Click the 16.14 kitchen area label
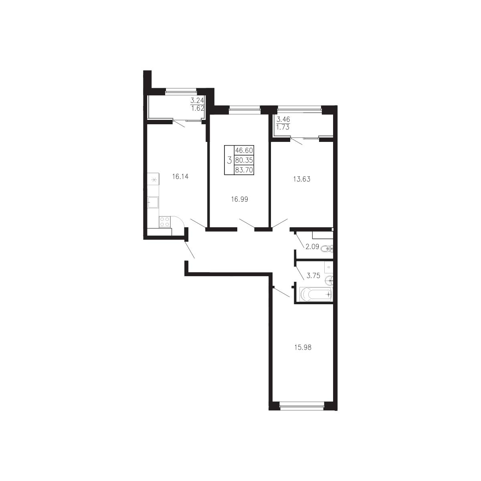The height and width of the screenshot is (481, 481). pyautogui.click(x=180, y=177)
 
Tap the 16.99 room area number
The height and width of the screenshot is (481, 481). pyautogui.click(x=240, y=199)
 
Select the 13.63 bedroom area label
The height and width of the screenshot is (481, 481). pyautogui.click(x=302, y=179)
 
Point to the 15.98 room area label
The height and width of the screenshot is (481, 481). pyautogui.click(x=303, y=347)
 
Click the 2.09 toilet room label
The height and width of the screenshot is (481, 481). pyautogui.click(x=312, y=247)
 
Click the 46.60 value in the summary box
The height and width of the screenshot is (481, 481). pyautogui.click(x=244, y=150)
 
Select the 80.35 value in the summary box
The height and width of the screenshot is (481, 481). pyautogui.click(x=244, y=160)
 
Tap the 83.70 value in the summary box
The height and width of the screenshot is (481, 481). pyautogui.click(x=244, y=170)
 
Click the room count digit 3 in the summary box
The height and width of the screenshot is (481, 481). pyautogui.click(x=229, y=160)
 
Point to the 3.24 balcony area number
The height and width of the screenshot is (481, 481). pyautogui.click(x=197, y=101)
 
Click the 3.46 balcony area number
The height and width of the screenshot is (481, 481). pyautogui.click(x=283, y=119)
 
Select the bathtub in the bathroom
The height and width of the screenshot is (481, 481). pyautogui.click(x=316, y=294)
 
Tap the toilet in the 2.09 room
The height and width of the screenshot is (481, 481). pyautogui.click(x=327, y=249)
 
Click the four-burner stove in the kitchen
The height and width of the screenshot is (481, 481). pyautogui.click(x=165, y=222)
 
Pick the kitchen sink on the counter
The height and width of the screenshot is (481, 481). pyautogui.click(x=153, y=202)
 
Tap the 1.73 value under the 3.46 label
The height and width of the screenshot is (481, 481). pyautogui.click(x=283, y=127)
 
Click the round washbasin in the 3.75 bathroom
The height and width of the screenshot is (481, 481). pyautogui.click(x=329, y=281)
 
